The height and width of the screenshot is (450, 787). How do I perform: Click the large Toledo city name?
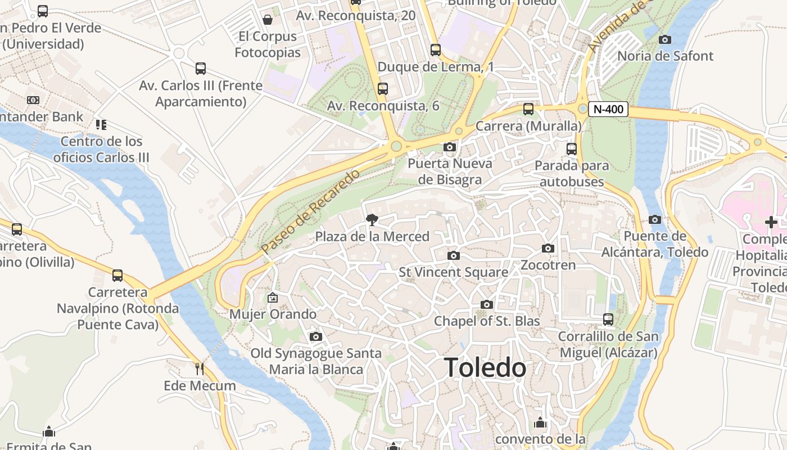pos(485,368)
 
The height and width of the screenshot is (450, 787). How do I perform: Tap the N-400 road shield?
pos(608,109)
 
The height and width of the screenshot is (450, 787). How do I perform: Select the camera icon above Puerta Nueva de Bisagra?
pos(450,147)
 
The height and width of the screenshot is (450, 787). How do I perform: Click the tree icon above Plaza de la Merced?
pos(372,220)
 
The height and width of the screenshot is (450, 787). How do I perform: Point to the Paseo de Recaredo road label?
pos(310,211)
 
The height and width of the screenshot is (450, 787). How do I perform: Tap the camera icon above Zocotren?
pos(548,249)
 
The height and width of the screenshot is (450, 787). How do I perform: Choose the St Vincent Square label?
pos(453,272)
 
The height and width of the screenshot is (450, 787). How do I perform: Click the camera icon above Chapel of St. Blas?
pos(487,305)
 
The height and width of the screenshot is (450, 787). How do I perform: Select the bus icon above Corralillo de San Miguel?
pos(608,319)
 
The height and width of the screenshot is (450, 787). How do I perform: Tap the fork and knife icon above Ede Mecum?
pos(200,369)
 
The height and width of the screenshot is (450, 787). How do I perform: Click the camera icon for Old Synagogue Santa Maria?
pos(316,337)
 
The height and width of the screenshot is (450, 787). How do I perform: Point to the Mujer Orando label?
pos(273,314)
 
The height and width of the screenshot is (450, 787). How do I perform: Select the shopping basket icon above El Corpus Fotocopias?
pos(268,20)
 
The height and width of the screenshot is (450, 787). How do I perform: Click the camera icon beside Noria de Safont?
pos(665,39)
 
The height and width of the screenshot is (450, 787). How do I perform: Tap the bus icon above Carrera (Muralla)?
pos(528,109)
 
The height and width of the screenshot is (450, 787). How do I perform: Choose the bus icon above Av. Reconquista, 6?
pos(383,89)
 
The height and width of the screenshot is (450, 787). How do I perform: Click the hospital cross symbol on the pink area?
pos(771,222)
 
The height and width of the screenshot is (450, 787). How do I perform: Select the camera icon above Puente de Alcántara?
pos(655,220)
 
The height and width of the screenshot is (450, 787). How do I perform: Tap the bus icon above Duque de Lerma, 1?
pos(436,50)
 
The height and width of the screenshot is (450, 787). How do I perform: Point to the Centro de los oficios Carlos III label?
pos(101,149)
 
